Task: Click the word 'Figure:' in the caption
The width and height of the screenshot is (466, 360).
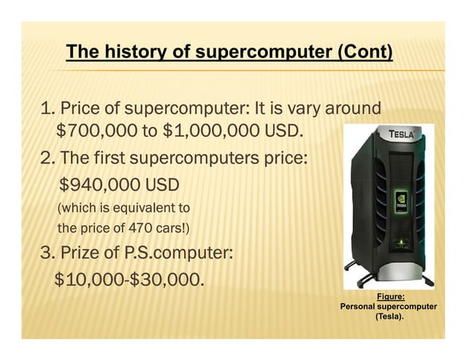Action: point(390,296)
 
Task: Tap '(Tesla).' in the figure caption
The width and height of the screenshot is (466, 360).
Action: point(389,318)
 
